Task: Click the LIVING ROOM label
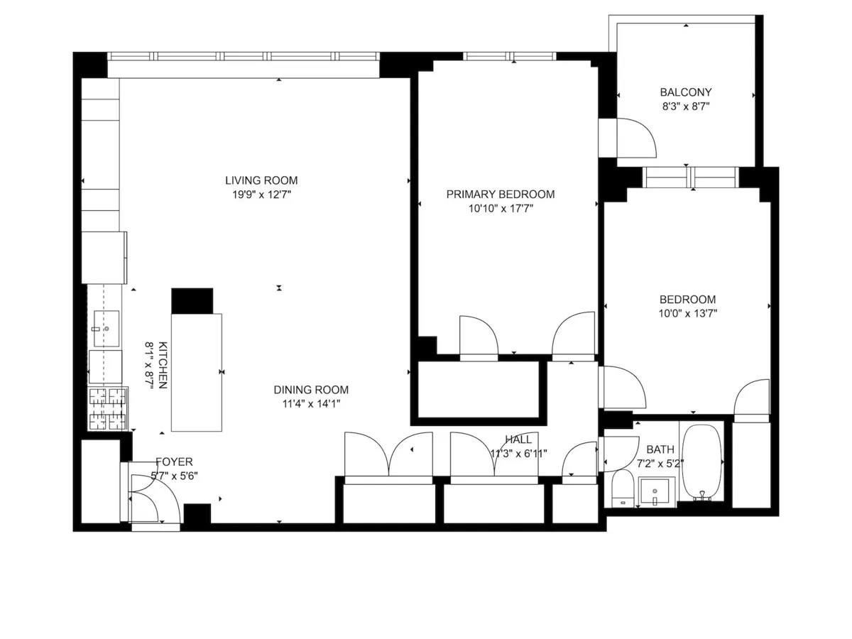tap(261, 180)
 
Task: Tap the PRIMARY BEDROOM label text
tap(500, 195)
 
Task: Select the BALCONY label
tap(685, 92)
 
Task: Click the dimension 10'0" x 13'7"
tap(687, 313)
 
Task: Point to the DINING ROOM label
tap(311, 390)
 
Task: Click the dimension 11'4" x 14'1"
tap(311, 404)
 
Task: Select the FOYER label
tap(174, 461)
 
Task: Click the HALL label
tap(518, 440)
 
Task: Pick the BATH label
tap(660, 449)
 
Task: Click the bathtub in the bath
tap(701, 461)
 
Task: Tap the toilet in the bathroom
tap(623, 488)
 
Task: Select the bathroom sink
tap(654, 490)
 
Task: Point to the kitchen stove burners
tap(107, 408)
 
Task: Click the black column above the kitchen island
tap(192, 300)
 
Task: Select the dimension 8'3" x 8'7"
tap(685, 106)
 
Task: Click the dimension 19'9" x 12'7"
tap(261, 195)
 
